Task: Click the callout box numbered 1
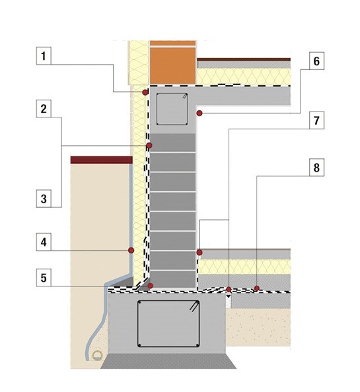(44, 55)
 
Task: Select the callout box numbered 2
(44, 108)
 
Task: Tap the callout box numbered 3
(44, 199)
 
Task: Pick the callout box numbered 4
(44, 242)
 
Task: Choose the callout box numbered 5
(44, 277)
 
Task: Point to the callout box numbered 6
(316, 61)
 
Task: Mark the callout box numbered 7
(316, 120)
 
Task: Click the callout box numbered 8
(316, 168)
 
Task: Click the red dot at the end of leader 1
(145, 92)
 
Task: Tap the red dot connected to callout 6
(199, 114)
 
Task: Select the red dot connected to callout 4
(131, 250)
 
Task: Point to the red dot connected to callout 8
(257, 288)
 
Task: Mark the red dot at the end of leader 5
(151, 286)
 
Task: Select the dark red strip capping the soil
(101, 160)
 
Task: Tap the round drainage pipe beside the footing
(97, 355)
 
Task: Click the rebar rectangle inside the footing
(168, 323)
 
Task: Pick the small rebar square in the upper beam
(172, 109)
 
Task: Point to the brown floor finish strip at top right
(244, 59)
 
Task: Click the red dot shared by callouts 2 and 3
(149, 145)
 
